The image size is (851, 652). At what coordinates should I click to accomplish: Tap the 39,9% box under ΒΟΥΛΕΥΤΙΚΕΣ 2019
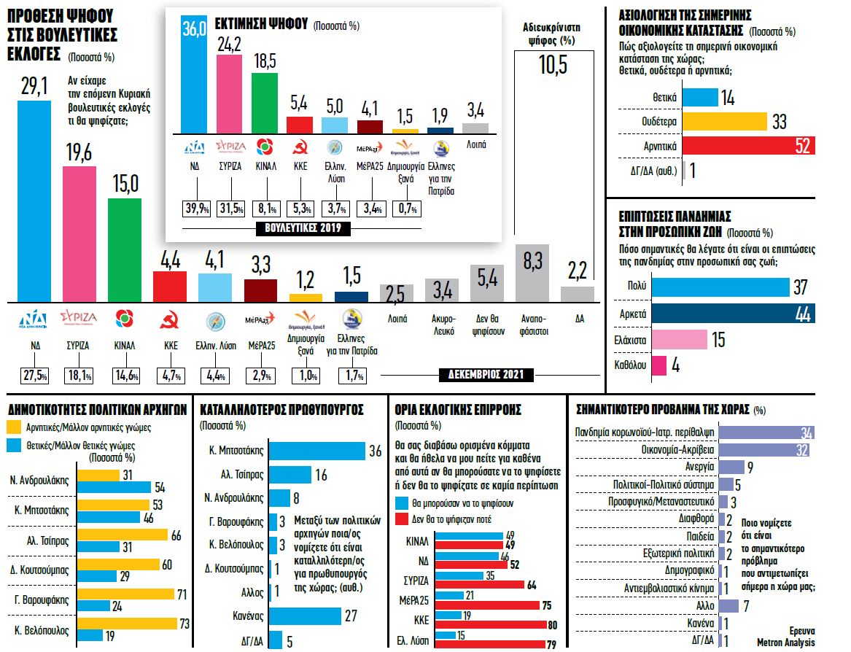click(x=196, y=209)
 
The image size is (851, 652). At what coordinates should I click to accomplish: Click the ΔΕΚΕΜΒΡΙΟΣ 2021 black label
click(x=486, y=375)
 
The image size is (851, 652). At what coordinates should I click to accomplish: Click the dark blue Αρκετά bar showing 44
click(x=732, y=313)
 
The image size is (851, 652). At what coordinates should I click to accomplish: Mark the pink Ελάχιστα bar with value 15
click(x=679, y=339)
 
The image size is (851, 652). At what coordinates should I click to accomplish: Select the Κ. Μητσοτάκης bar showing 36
click(x=316, y=450)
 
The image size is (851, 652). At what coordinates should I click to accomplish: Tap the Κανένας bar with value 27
click(x=306, y=616)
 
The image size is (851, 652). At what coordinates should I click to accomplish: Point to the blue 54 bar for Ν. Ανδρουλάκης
click(x=114, y=487)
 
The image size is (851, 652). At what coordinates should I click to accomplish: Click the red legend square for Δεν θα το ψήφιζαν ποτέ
click(x=400, y=519)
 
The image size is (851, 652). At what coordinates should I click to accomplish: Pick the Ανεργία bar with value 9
click(x=731, y=467)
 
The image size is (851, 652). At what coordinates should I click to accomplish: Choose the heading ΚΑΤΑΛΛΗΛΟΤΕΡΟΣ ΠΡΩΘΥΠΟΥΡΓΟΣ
click(x=281, y=410)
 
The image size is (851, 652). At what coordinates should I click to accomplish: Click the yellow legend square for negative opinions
click(x=13, y=428)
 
